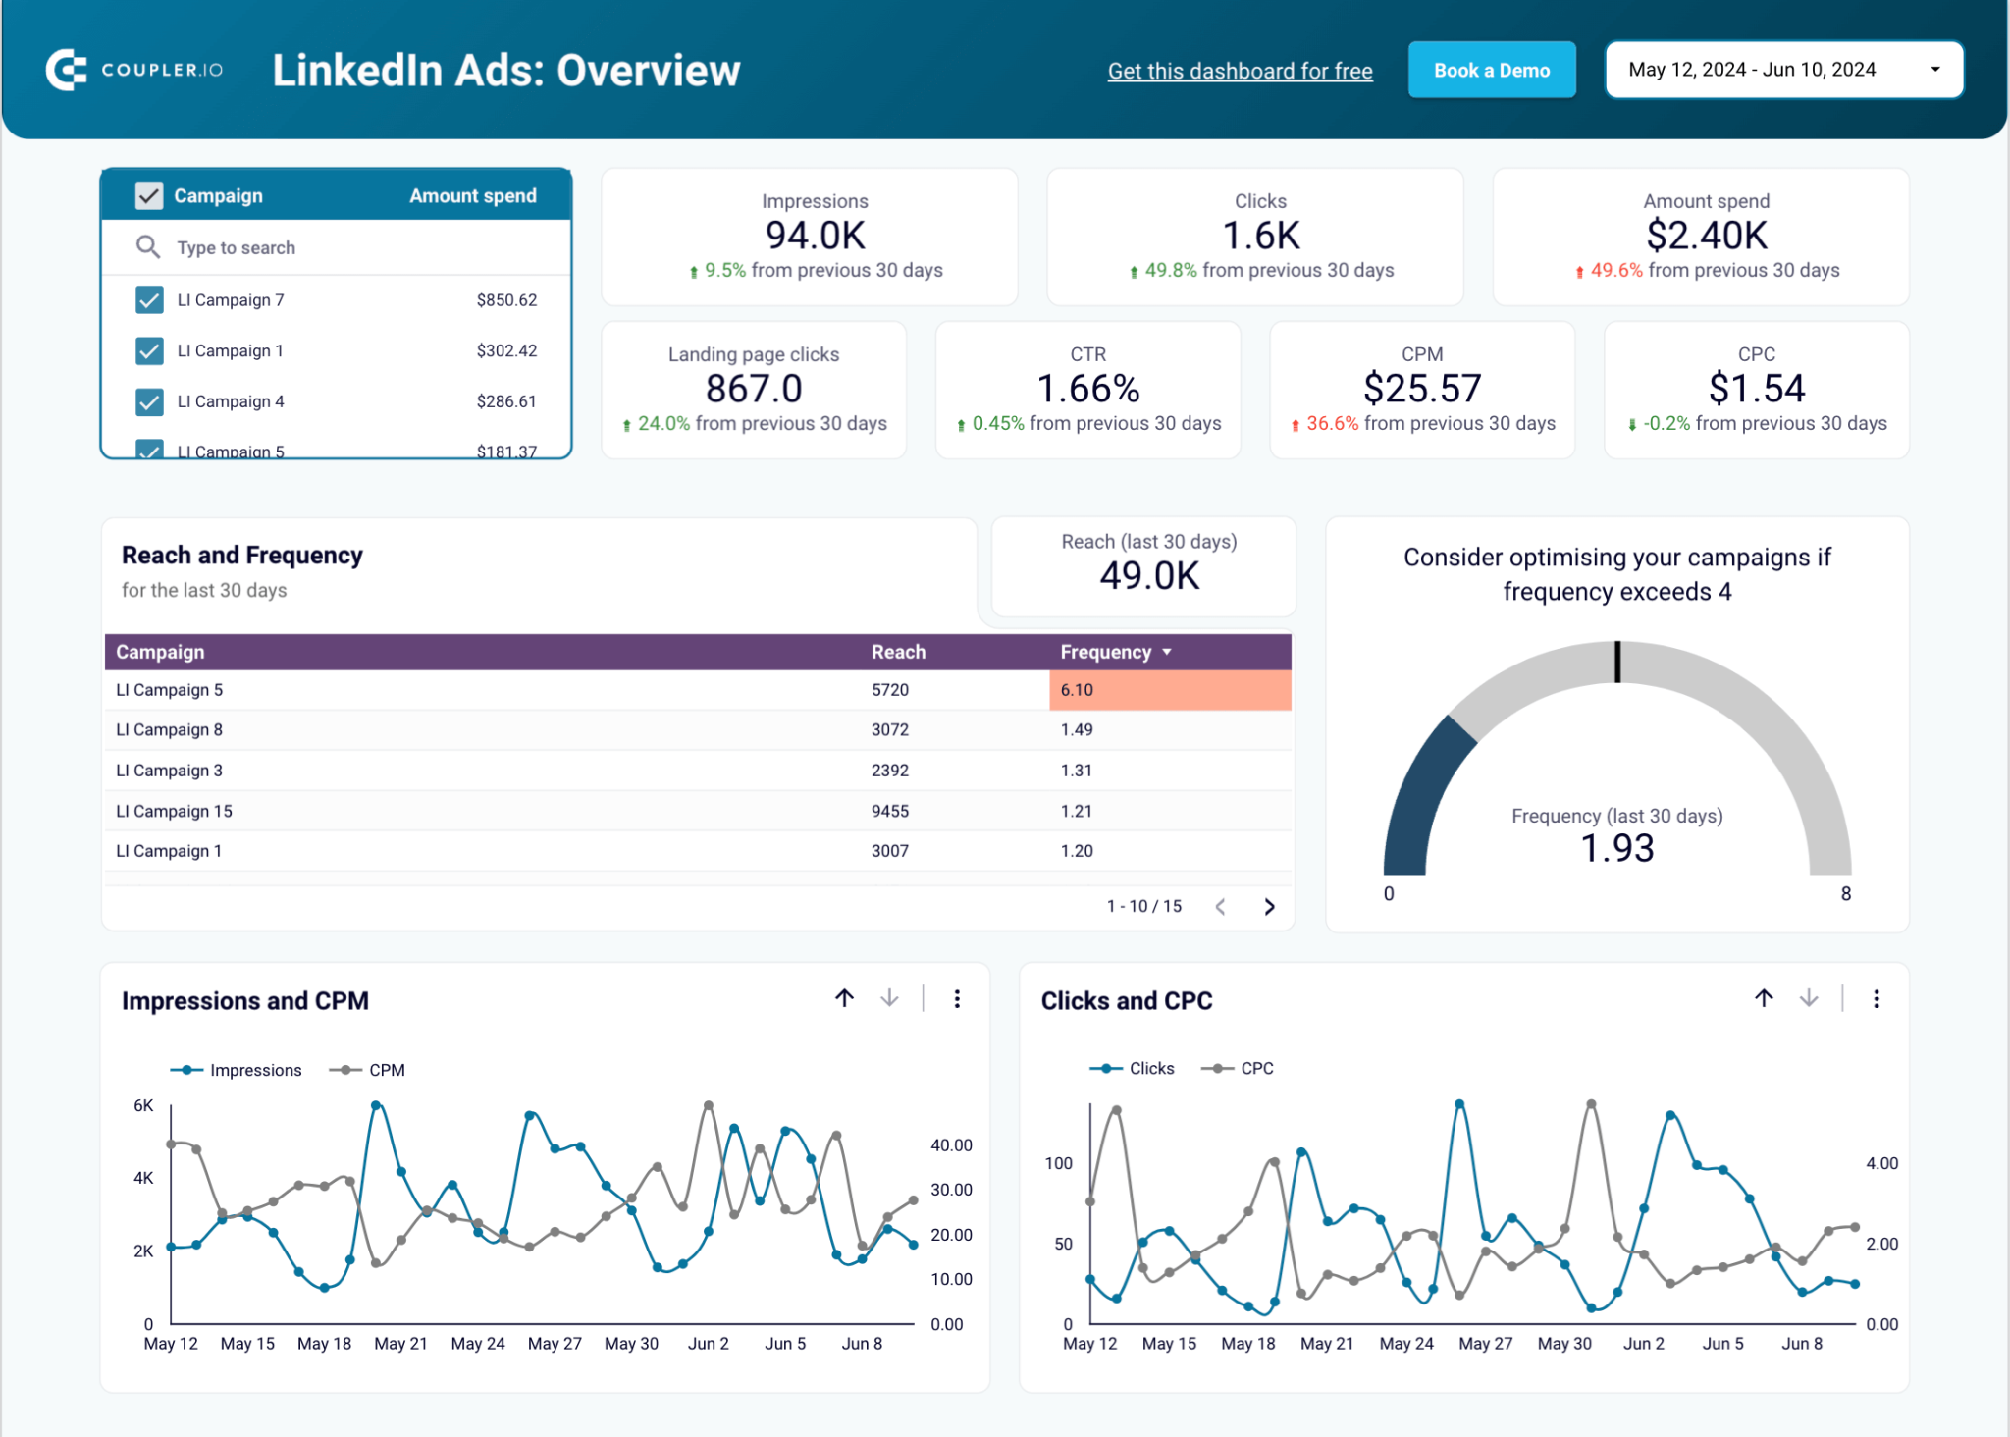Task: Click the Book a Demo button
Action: pos(1491,71)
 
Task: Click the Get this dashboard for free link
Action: pos(1240,71)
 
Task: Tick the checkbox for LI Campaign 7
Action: pos(149,299)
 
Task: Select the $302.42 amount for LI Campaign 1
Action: pos(506,350)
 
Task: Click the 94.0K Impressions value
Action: pos(815,236)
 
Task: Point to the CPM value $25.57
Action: pos(1421,389)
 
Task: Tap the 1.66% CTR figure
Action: pos(1087,389)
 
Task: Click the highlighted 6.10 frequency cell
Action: pos(1168,690)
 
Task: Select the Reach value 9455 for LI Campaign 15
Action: pos(889,811)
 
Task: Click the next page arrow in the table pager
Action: pos(1269,906)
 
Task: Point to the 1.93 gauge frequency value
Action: pos(1616,848)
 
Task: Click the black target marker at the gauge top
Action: pos(1617,662)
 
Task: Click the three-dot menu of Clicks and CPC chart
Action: pos(1876,999)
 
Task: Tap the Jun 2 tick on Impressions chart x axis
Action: pos(708,1343)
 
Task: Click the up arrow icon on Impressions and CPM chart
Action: pos(844,998)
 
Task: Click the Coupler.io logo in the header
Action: pos(134,70)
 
